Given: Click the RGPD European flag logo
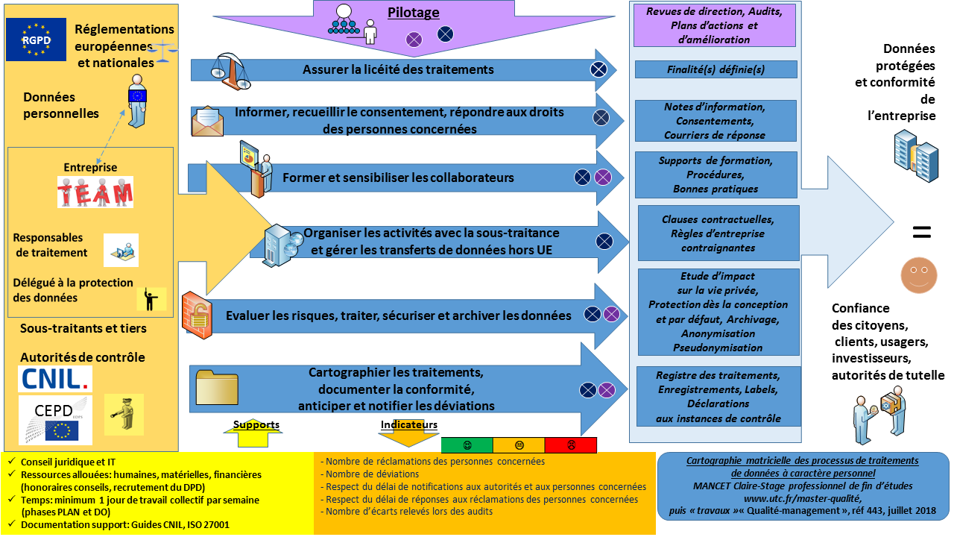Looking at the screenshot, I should (36, 39).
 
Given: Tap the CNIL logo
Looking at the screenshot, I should (55, 379).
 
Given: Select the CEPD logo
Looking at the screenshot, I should (55, 419).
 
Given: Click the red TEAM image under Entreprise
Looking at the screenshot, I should (95, 192).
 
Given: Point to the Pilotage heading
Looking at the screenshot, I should (414, 13).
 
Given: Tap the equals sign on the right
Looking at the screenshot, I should (922, 233).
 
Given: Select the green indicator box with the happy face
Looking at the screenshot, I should (467, 445).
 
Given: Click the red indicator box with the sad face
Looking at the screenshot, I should (571, 445).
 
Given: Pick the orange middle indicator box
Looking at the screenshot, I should (519, 445).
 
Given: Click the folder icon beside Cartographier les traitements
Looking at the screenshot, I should (216, 386).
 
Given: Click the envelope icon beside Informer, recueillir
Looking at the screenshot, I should (207, 122).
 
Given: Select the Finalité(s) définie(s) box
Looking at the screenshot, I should (716, 69).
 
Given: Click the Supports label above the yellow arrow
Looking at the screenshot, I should (256, 424).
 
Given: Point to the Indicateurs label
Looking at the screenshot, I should (408, 424).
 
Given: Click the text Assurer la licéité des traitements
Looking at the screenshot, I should (398, 69).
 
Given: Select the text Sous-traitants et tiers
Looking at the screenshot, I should (83, 328).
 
